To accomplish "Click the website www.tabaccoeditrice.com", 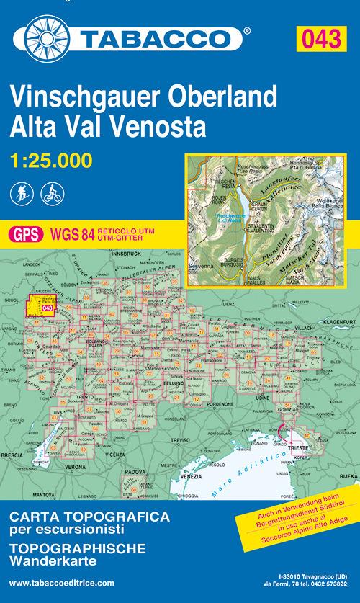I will tap(63, 581).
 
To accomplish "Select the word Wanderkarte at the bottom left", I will tap(42, 558).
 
